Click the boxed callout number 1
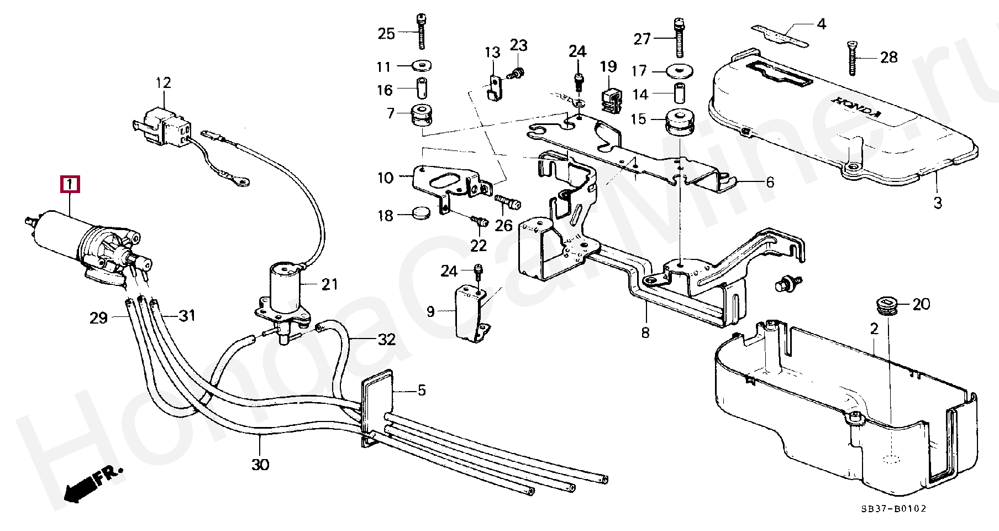[x=70, y=184]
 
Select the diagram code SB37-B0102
[x=893, y=509]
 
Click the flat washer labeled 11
[x=423, y=66]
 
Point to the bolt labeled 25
[x=422, y=31]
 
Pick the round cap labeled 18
[x=422, y=212]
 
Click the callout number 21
[x=329, y=284]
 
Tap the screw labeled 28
[x=852, y=58]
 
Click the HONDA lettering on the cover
[x=857, y=107]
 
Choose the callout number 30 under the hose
[x=260, y=465]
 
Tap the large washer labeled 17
[x=680, y=71]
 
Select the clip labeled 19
[x=611, y=100]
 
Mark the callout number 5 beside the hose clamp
[x=422, y=391]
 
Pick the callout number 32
[x=387, y=339]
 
